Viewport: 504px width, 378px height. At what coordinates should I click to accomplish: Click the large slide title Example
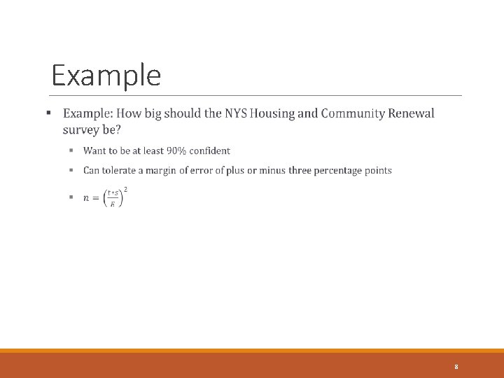point(106,76)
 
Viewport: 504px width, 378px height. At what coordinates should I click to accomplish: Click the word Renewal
point(413,113)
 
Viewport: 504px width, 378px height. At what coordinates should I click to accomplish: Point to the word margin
point(161,170)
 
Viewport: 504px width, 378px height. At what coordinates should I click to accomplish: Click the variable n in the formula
point(86,198)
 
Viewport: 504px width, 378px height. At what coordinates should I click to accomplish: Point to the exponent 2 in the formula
point(125,189)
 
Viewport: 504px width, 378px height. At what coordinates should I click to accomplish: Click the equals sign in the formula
point(96,198)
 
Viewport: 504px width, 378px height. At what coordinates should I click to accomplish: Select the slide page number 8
point(456,367)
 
